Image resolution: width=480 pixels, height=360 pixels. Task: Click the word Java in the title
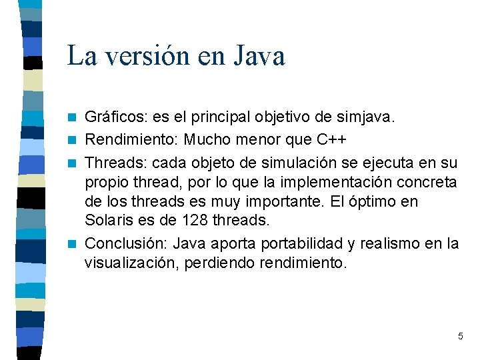[259, 55]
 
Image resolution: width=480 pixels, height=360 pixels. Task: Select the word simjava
[369, 118]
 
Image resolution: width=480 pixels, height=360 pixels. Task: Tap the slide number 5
[460, 336]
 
